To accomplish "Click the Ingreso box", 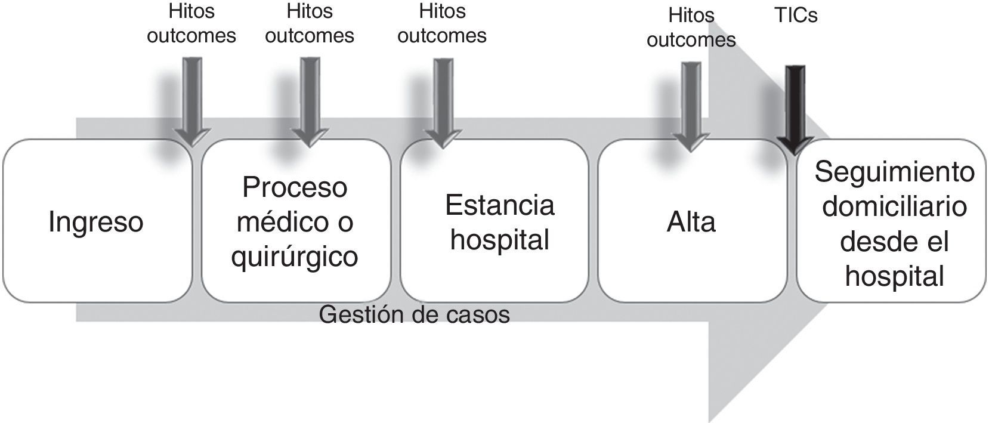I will tap(97, 221).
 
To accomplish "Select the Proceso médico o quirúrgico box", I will tap(295, 221).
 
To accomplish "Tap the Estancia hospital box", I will tap(494, 221).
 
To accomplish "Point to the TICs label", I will tap(796, 15).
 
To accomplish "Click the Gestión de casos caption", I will tap(414, 314).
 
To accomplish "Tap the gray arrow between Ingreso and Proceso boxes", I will tap(191, 101).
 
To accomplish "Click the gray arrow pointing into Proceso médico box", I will tap(310, 101).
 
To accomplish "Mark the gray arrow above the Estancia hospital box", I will tap(442, 101).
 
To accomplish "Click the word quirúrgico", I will tap(295, 257).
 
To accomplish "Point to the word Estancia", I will tap(499, 205).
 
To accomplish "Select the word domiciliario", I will tap(894, 207).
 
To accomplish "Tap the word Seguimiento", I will tap(894, 172).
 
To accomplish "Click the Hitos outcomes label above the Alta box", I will tap(691, 27).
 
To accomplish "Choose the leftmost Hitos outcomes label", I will tap(191, 24).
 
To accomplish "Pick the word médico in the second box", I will tap(278, 222).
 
